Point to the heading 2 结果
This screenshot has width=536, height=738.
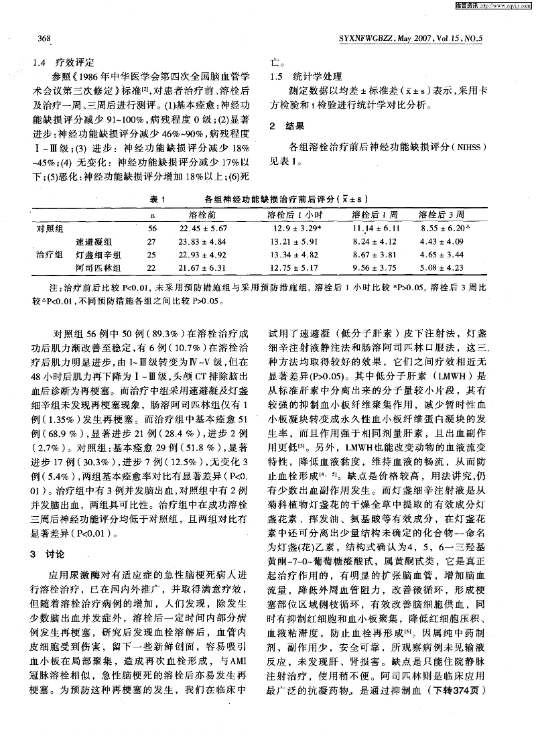286,126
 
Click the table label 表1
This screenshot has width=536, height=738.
158,199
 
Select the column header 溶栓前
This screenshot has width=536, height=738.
202,214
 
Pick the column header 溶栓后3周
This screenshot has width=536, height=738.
442,214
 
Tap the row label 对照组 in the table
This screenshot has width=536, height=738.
50,229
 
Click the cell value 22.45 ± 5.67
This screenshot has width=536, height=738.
204,229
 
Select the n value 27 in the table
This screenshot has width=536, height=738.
151,242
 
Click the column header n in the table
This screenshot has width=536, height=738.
151,215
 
